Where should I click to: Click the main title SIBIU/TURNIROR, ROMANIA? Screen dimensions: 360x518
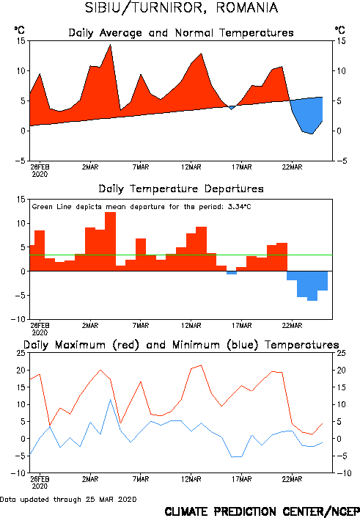(x=181, y=8)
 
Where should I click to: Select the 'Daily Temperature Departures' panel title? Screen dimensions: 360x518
(x=181, y=189)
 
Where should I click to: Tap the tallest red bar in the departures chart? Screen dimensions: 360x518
(x=110, y=241)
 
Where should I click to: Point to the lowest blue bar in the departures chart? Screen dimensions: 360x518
(x=312, y=285)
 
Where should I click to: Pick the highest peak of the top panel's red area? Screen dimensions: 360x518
(x=110, y=45)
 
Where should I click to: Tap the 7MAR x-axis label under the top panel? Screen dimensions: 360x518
(x=141, y=167)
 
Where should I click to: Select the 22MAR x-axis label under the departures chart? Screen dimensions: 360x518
(x=292, y=326)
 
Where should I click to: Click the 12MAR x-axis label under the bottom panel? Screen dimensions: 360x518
(x=191, y=479)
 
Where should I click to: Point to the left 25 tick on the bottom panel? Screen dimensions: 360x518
(x=21, y=353)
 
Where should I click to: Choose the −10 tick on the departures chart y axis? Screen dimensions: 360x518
(x=18, y=319)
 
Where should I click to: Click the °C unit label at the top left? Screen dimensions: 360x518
(x=20, y=30)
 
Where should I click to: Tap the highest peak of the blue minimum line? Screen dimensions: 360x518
(x=111, y=400)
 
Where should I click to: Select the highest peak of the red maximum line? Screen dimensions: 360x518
(x=202, y=365)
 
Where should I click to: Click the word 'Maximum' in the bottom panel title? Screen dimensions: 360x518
(x=80, y=345)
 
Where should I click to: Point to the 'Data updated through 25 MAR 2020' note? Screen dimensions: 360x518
(x=68, y=500)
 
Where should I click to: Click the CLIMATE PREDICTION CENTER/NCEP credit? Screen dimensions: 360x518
(x=262, y=511)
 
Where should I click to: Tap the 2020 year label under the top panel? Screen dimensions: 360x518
(x=40, y=174)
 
